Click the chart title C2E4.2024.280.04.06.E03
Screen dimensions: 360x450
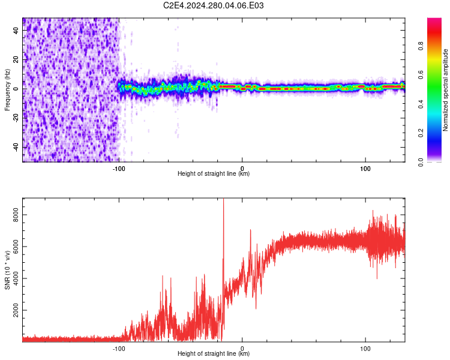point(214,6)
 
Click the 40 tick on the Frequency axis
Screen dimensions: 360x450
point(17,31)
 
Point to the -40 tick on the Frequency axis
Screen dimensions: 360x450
point(17,147)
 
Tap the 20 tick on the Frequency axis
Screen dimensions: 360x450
point(17,60)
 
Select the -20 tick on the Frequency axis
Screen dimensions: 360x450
point(17,118)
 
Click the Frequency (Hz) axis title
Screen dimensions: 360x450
point(7,90)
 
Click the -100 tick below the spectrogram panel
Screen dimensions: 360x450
point(119,169)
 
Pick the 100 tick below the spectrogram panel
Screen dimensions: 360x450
point(365,169)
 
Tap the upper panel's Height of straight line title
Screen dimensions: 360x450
point(214,174)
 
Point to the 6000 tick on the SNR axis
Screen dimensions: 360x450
point(17,247)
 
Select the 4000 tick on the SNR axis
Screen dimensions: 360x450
point(17,279)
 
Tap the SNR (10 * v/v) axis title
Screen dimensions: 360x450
point(7,270)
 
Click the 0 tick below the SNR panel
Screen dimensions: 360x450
point(242,348)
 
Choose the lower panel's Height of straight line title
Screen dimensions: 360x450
point(214,354)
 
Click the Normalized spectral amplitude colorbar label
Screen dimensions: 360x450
point(446,90)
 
